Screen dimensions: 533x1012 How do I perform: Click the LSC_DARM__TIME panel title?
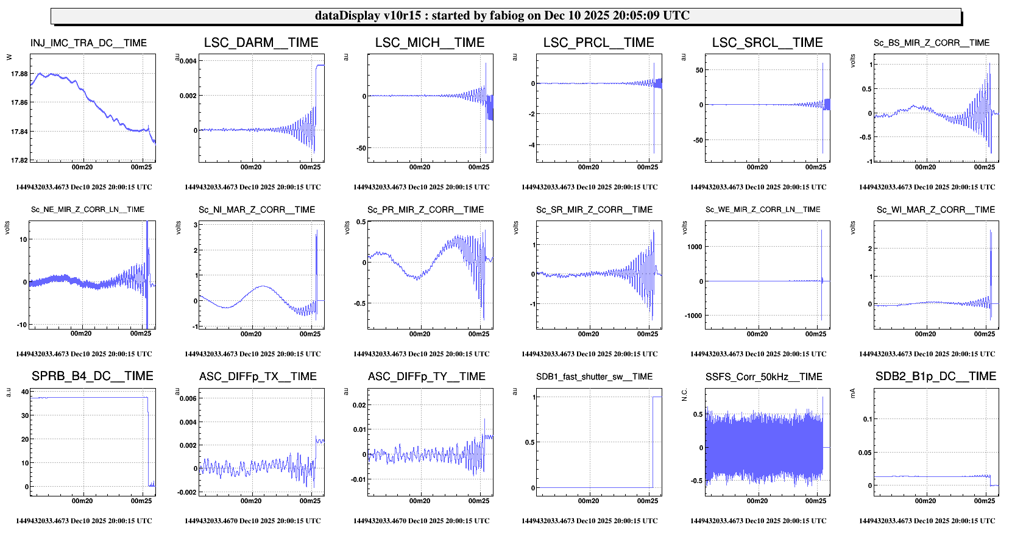coord(261,43)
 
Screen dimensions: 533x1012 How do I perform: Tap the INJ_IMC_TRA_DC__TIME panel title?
coord(88,43)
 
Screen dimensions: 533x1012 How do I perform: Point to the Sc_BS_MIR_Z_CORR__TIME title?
coord(931,43)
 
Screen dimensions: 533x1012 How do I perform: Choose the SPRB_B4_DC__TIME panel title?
coord(93,376)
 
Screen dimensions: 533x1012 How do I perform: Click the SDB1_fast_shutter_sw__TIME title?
coord(594,377)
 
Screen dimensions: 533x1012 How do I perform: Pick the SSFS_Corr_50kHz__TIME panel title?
coord(763,377)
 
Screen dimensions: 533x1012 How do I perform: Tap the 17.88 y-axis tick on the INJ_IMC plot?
coord(19,74)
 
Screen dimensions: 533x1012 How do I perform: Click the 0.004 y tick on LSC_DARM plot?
coord(188,61)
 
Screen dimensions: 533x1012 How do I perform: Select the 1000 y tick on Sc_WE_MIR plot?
coord(695,247)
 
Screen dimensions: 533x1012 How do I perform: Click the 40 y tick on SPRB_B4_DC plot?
coord(25,392)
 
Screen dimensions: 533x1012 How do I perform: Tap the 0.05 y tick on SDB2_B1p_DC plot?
coord(865,453)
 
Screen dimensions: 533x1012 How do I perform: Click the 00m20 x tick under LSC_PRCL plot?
coord(588,167)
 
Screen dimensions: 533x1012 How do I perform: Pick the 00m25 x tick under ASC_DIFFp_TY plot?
coord(478,501)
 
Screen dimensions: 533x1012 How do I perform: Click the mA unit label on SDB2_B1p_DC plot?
coord(852,394)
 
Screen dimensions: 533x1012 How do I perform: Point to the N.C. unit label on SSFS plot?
coord(684,395)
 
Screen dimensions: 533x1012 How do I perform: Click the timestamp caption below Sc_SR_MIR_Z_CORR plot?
coord(589,354)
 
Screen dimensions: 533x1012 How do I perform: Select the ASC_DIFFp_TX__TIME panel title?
coord(258,377)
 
